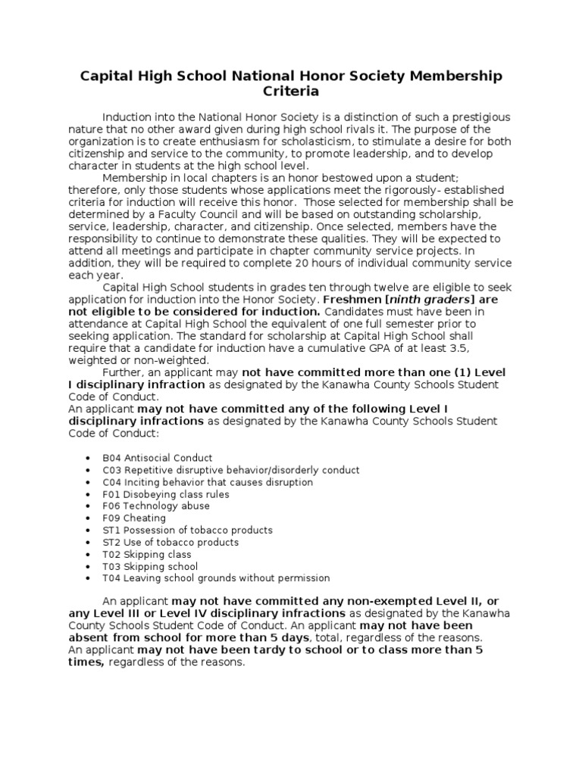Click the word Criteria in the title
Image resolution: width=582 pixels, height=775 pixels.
click(x=291, y=92)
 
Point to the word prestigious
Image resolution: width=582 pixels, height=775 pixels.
click(x=479, y=118)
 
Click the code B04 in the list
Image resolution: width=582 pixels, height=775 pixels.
click(x=111, y=458)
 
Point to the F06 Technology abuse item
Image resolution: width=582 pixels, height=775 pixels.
click(x=156, y=506)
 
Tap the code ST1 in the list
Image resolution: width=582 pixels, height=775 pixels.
click(x=111, y=531)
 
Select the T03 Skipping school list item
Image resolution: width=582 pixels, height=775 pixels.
click(x=150, y=566)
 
